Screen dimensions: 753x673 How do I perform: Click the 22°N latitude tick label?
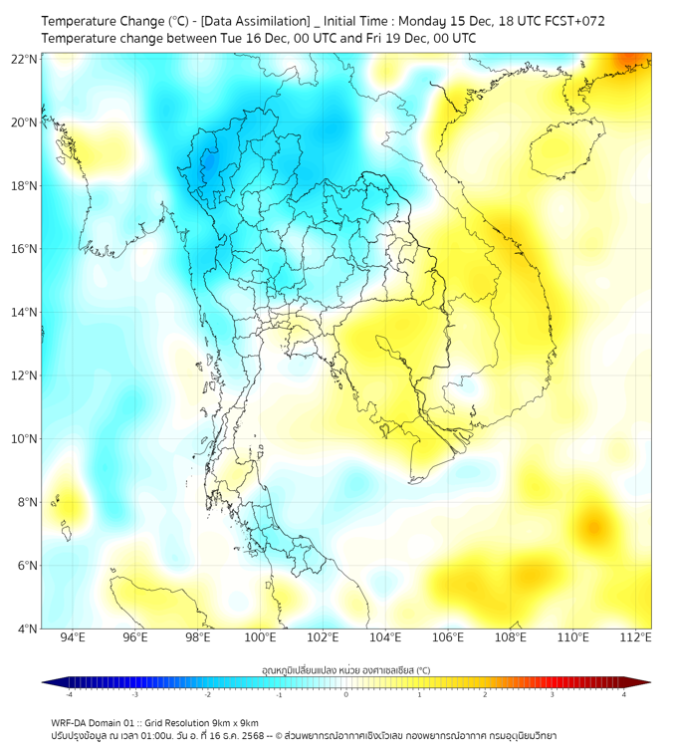click(x=25, y=59)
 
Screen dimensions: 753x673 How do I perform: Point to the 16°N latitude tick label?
click(x=25, y=249)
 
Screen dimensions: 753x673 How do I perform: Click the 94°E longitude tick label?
click(x=73, y=637)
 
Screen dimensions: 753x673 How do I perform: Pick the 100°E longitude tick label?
click(x=260, y=637)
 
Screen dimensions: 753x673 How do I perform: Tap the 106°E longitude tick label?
click(x=448, y=637)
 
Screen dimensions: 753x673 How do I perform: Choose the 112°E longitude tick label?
click(x=636, y=637)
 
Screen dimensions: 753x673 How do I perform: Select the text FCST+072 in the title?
click(x=572, y=21)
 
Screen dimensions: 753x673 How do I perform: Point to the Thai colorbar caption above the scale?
click(x=345, y=669)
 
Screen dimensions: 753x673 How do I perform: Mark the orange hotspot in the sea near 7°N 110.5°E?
click(x=594, y=522)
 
